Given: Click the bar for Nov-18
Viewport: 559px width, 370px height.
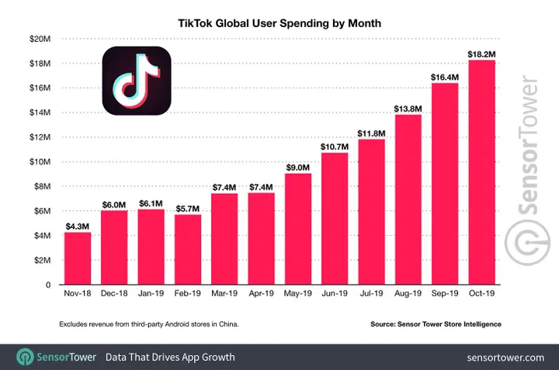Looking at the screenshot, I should point(78,258).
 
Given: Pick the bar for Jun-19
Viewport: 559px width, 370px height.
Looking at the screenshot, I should point(335,219).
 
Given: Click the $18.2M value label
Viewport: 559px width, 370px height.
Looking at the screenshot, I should point(481,52).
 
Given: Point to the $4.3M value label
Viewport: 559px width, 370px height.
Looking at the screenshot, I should point(78,225).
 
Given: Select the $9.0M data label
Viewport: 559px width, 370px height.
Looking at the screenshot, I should point(297,166).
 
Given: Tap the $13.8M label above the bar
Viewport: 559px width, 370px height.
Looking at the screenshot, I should point(408,107).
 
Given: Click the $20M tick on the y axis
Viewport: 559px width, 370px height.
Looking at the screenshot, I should point(40,38).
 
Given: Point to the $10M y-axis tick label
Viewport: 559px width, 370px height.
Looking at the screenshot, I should point(40,161).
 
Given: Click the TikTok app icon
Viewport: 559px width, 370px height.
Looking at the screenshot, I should point(137,81).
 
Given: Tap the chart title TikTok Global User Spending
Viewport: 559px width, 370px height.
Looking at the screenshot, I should point(279,23).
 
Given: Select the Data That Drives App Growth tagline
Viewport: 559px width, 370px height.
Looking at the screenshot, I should point(170,358).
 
